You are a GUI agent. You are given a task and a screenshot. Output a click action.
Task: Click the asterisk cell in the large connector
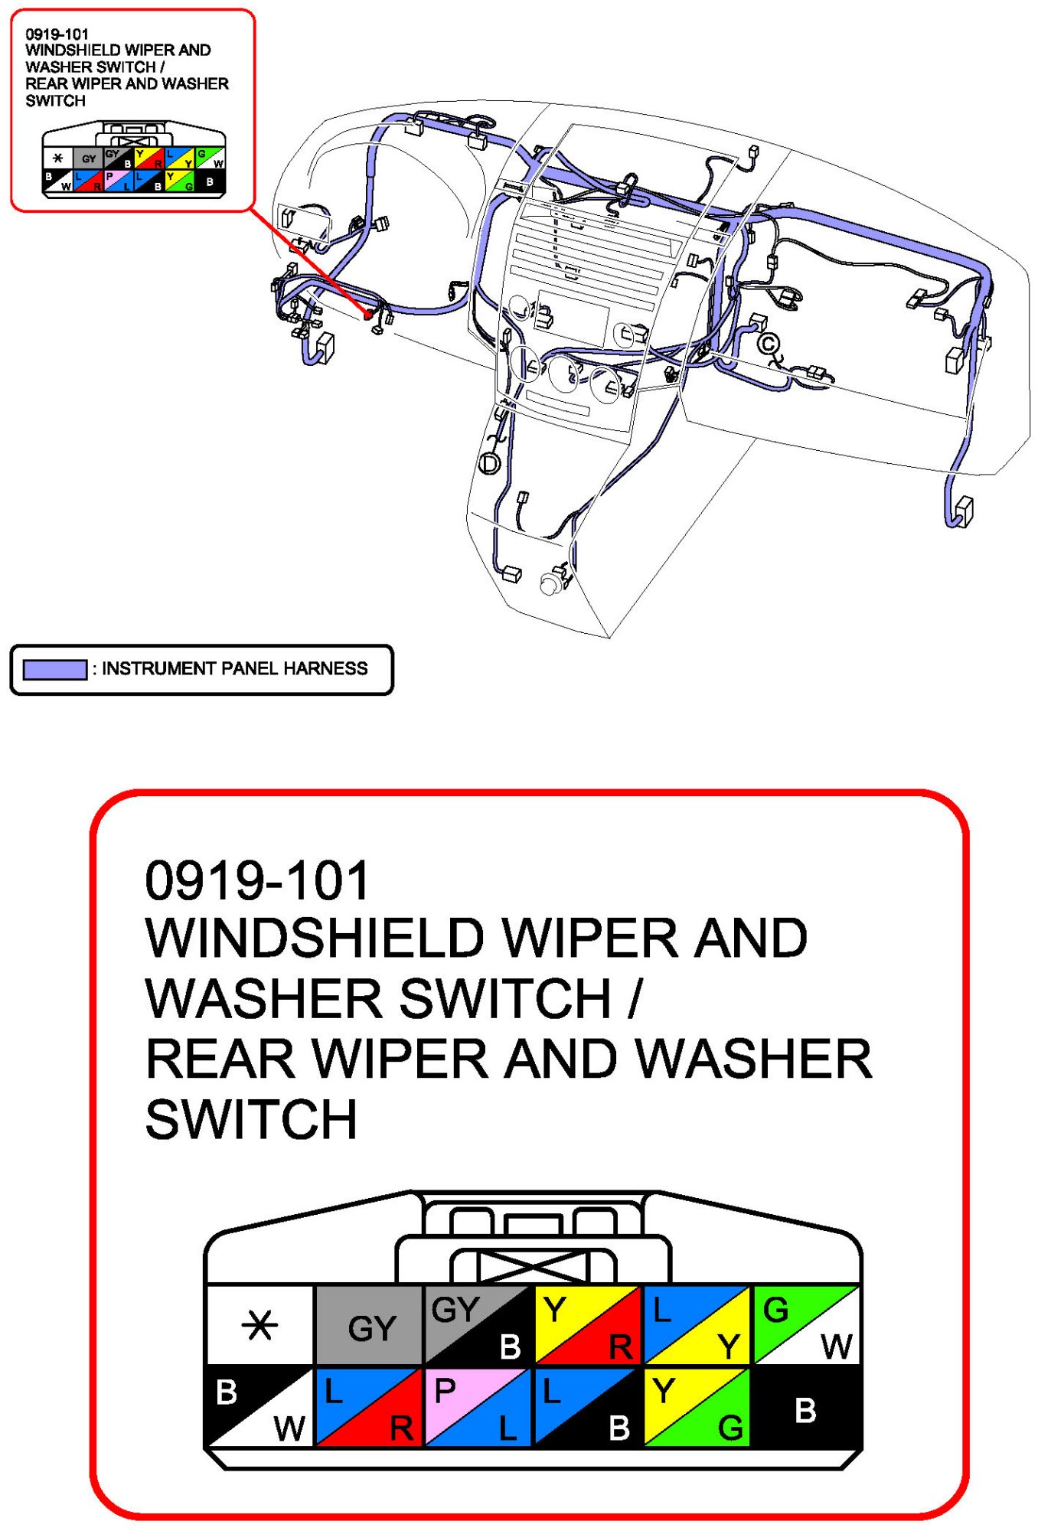pos(259,1324)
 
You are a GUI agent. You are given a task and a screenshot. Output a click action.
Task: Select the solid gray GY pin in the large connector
pos(369,1324)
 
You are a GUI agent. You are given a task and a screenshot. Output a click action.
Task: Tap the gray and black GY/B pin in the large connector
pos(478,1324)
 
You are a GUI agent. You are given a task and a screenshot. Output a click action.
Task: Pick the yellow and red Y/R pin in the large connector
pos(587,1324)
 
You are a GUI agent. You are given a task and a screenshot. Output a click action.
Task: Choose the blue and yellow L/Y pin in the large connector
pos(696,1324)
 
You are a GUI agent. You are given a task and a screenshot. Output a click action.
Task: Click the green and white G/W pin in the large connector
pos(805,1324)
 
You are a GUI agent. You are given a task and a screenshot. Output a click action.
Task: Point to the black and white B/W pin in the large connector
pos(259,1407)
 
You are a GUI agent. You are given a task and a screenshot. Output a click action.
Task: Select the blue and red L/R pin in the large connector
pos(369,1407)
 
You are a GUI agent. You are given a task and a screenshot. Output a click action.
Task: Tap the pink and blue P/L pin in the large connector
pos(478,1407)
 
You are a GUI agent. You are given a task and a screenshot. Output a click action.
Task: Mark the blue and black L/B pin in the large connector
pos(587,1407)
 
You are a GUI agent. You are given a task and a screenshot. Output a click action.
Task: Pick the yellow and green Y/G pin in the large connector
pos(696,1407)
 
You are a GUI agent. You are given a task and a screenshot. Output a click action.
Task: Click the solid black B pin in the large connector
pos(805,1407)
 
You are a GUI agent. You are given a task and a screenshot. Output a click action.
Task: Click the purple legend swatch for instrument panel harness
pos(54,669)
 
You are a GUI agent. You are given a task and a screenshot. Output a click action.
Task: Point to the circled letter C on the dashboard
pos(769,344)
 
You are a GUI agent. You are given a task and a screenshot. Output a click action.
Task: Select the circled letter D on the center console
pos(489,463)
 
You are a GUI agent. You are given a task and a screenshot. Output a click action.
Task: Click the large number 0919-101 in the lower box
pos(257,880)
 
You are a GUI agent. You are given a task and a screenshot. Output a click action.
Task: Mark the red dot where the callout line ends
pos(368,314)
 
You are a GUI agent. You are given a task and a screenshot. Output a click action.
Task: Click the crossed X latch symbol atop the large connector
pos(534,1267)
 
